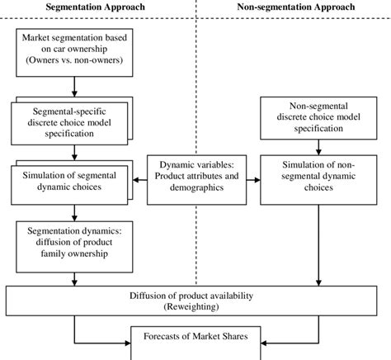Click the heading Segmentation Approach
(97, 7)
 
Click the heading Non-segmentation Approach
(295, 7)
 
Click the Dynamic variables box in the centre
(195, 175)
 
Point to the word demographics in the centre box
(195, 187)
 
